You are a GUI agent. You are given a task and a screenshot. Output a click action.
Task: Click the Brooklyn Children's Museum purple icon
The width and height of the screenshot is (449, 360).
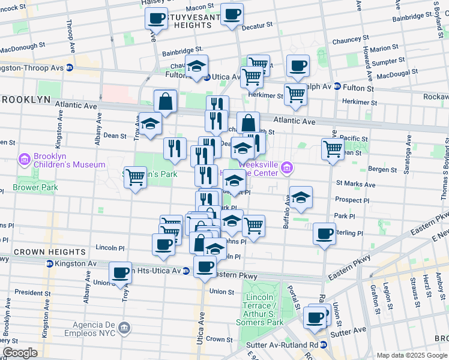click(25, 159)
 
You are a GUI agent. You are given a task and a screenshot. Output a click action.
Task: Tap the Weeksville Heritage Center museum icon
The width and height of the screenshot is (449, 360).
click(286, 167)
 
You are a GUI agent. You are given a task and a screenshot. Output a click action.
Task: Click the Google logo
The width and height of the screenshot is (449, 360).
click(20, 353)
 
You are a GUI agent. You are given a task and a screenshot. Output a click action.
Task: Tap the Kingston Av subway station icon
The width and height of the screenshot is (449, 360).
click(49, 263)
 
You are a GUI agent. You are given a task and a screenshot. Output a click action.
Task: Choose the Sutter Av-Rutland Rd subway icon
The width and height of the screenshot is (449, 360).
click(323, 345)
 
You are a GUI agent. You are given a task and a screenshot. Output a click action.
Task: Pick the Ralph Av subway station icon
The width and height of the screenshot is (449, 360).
click(337, 86)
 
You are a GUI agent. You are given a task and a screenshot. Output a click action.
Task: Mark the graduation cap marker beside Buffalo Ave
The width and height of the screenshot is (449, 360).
click(301, 196)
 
